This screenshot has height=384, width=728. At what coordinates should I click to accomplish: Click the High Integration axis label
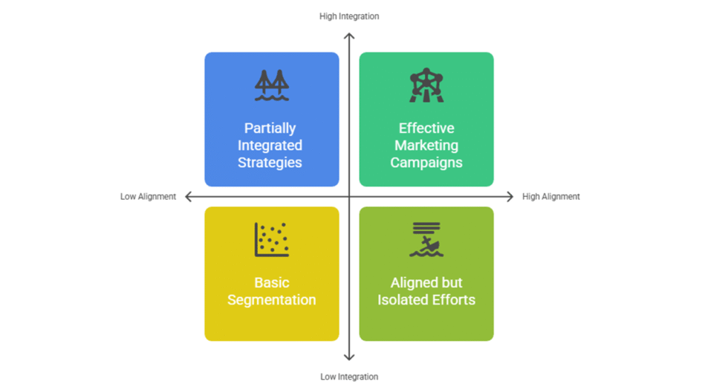coord(349,16)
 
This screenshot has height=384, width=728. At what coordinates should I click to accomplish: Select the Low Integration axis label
coord(349,377)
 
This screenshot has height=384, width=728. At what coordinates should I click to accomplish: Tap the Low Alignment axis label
coord(149,197)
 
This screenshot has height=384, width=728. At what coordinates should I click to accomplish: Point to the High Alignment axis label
coord(551,197)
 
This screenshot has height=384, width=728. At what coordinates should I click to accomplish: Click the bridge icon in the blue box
coord(271,86)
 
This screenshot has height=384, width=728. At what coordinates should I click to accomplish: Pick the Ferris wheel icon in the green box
coord(426,85)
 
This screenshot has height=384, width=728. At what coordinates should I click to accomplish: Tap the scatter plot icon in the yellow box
coord(271,240)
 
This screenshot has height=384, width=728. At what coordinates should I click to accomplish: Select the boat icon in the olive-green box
coord(426,240)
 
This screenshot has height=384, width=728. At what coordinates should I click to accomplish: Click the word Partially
coord(270,128)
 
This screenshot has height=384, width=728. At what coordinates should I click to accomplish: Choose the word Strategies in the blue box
coord(270,162)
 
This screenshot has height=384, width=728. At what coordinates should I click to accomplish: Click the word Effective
coord(426,128)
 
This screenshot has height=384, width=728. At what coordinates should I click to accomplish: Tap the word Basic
coord(271,283)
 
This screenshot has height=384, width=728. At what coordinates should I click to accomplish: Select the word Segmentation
coord(271,300)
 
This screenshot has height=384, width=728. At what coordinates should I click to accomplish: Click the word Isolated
coord(406,300)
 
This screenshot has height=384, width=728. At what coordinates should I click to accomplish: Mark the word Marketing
coord(426,146)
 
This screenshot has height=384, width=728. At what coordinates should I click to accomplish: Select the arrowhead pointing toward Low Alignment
coord(189,197)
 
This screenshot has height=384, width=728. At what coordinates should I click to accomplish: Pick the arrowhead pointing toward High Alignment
coord(510,197)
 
